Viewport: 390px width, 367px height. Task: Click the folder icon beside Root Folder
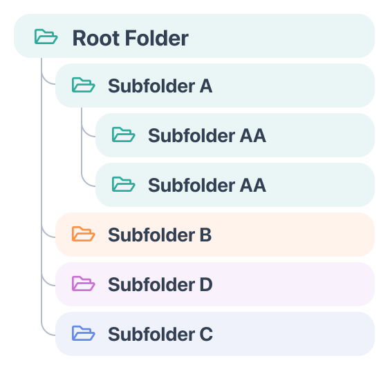click(46, 37)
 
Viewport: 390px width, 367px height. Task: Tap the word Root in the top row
click(95, 38)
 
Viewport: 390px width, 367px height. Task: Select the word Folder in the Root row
click(157, 38)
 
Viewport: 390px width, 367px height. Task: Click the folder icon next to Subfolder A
click(83, 85)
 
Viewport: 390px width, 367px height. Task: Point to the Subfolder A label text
click(160, 86)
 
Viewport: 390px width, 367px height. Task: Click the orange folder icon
click(83, 234)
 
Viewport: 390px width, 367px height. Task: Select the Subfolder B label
click(160, 235)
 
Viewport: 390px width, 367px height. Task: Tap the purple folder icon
click(83, 284)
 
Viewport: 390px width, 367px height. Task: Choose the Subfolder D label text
click(160, 285)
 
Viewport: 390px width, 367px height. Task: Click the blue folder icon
click(83, 333)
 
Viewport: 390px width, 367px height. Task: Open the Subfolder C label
click(160, 335)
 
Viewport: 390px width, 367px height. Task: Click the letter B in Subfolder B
click(205, 235)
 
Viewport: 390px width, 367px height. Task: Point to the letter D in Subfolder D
click(206, 284)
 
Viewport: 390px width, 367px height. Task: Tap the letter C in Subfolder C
click(206, 334)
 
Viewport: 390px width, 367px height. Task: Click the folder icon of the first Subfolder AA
click(123, 135)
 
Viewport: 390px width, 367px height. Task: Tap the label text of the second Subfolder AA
click(207, 186)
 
